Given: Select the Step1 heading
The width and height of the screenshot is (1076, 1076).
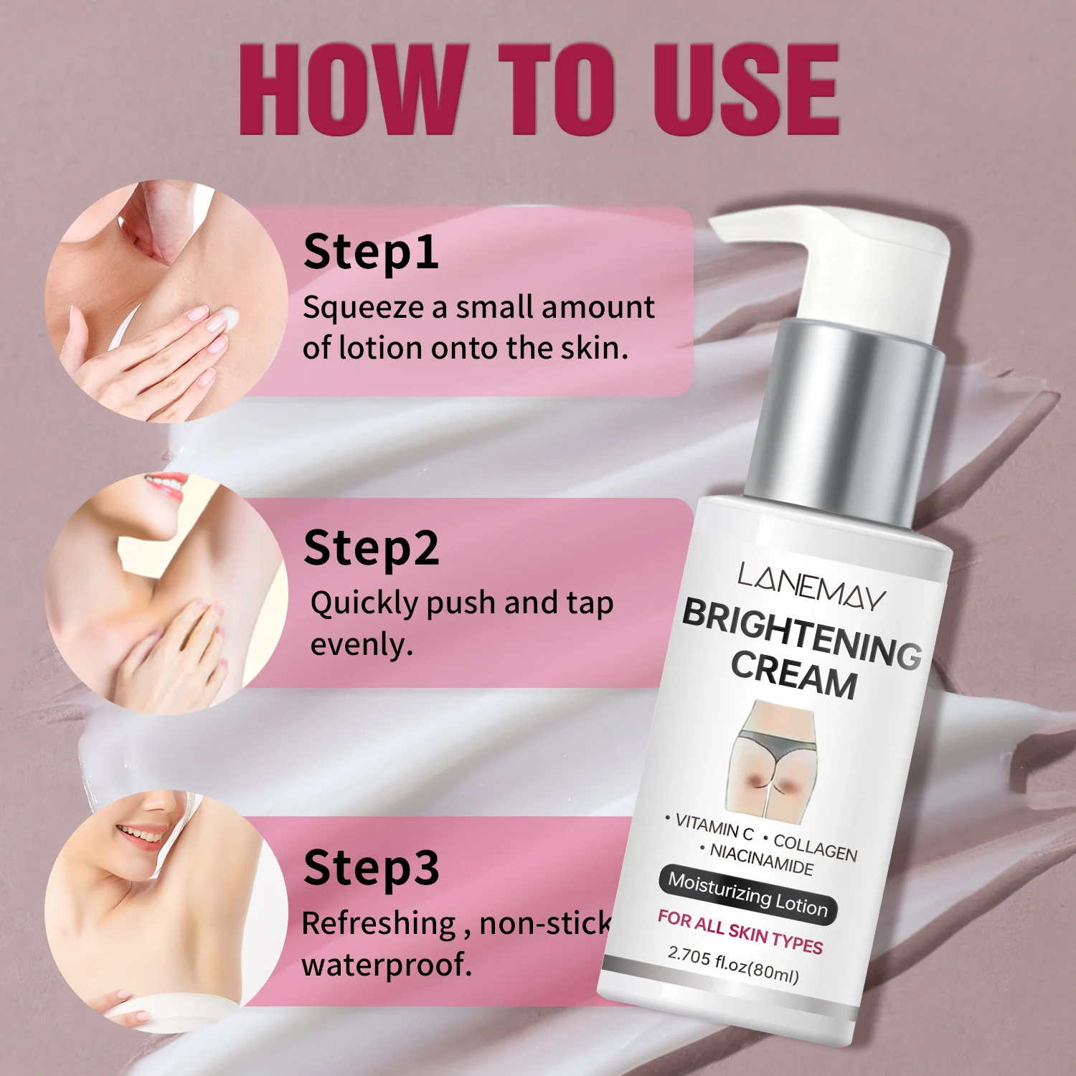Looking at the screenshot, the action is pos(371,253).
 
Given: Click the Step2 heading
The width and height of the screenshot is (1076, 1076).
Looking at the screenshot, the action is pos(371,549).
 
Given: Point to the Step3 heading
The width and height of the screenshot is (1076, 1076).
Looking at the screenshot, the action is pos(371,869).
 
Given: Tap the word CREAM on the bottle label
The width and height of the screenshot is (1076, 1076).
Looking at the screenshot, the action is pos(794,675).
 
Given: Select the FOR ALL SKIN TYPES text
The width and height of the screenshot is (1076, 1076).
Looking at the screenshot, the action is pos(740,932).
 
